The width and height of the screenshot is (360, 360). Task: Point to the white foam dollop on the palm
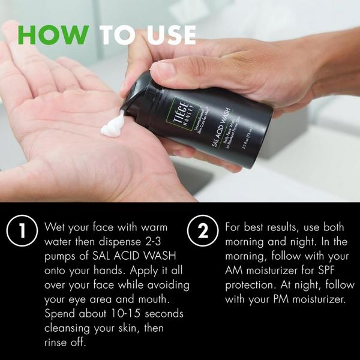click(x=113, y=125)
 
